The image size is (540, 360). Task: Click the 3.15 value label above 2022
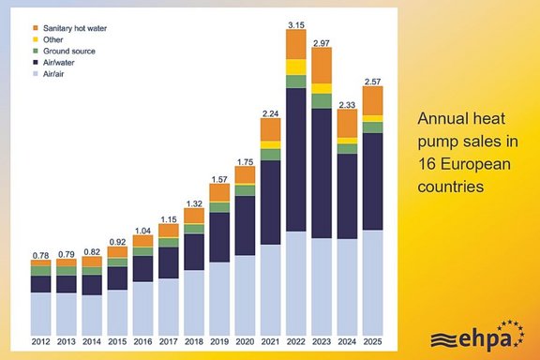[296, 23]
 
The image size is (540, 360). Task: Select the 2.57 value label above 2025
[372, 81]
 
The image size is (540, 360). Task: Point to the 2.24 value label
[271, 112]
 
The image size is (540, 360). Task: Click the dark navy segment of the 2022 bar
[296, 159]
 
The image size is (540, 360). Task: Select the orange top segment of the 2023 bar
[322, 65]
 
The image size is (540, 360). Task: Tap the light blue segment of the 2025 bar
[372, 281]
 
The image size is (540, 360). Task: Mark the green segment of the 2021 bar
[271, 155]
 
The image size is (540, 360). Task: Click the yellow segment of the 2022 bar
[296, 67]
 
